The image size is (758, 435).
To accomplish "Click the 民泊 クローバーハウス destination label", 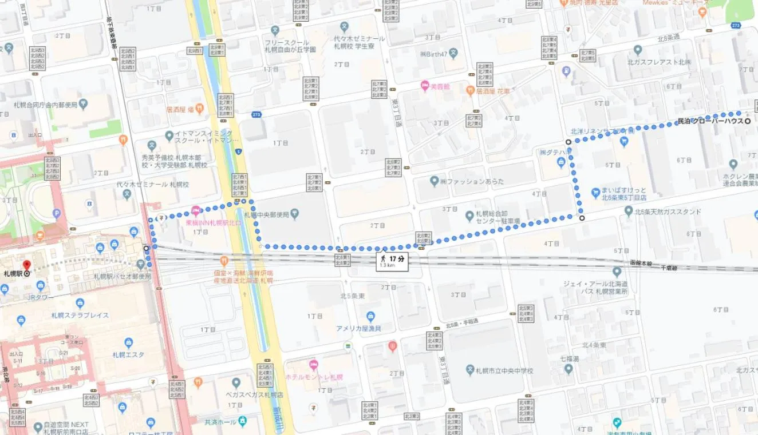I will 710,121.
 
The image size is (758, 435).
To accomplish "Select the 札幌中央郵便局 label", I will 266,215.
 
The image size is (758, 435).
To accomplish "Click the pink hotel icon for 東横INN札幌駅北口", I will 196,210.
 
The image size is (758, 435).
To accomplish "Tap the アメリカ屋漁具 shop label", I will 358,328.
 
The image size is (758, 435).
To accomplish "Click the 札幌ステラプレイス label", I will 80,315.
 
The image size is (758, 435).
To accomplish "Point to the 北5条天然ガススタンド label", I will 667,211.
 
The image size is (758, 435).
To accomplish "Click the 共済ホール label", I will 220,422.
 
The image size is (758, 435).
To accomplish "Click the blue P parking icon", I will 56,214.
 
